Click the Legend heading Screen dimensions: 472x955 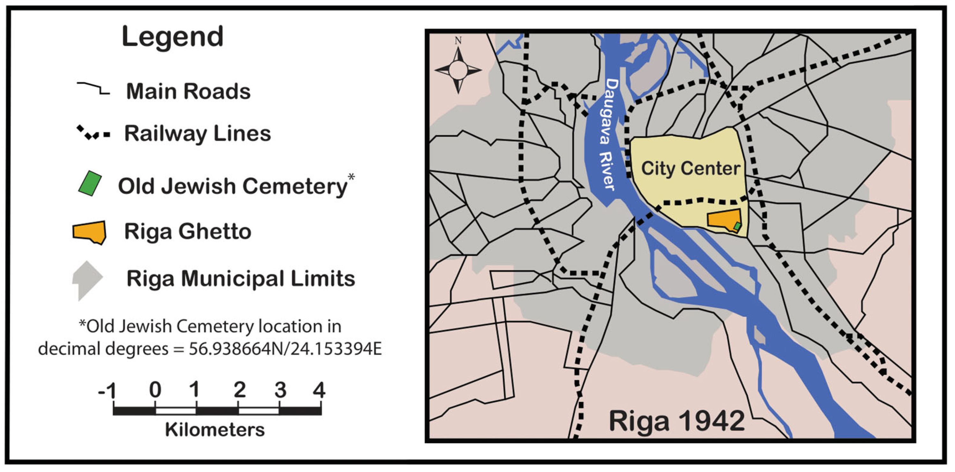click(x=172, y=37)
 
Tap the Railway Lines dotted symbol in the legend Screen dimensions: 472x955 click(x=93, y=133)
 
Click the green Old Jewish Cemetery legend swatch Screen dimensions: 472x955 click(x=90, y=183)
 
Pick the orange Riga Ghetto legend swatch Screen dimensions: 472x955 click(x=90, y=232)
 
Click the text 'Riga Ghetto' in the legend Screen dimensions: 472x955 click(x=188, y=232)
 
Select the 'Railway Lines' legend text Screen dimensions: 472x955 click(x=197, y=134)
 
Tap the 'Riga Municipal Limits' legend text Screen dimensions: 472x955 click(x=241, y=278)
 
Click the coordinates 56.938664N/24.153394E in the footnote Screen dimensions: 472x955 click(x=285, y=349)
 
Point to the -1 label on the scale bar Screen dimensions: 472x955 click(x=107, y=390)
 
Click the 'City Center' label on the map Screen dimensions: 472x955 click(x=691, y=168)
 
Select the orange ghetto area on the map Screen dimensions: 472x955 click(x=721, y=219)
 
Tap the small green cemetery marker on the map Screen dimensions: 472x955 click(x=737, y=226)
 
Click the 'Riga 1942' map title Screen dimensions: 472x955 click(x=677, y=421)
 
